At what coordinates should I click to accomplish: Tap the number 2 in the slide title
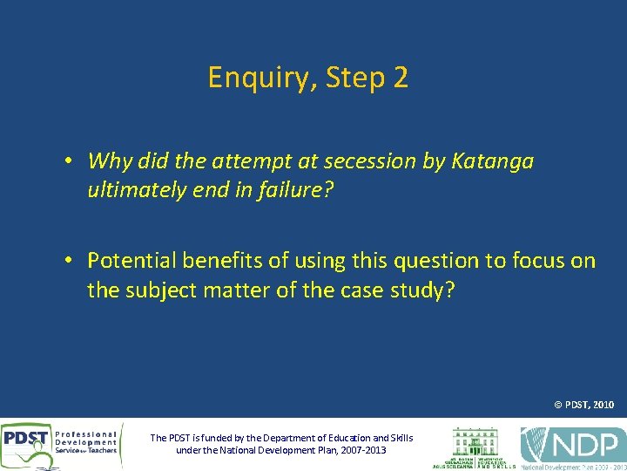400,78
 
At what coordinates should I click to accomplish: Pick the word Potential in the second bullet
130,261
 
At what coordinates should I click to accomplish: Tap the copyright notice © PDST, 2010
583,405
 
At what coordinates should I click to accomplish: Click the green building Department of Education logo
474,445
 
